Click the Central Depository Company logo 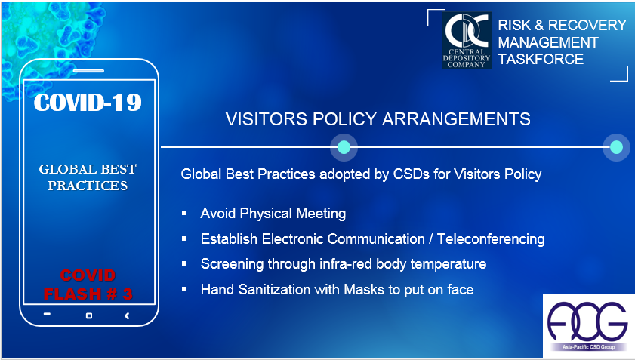coord(466,41)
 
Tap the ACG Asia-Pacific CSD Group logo coord(588,326)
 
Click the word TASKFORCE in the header coord(541,59)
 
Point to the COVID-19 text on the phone coord(88,102)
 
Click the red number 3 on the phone coord(128,294)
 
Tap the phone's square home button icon coord(89,315)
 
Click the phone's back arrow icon coord(127,315)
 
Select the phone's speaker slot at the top coord(88,71)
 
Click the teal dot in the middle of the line coord(344,147)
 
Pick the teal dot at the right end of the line coord(616,147)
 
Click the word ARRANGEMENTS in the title coord(456,119)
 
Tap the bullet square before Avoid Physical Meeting coord(184,213)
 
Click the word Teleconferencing coord(491,239)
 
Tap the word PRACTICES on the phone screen coord(88,186)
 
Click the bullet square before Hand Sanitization coord(184,289)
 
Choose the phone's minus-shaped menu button coord(47,314)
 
